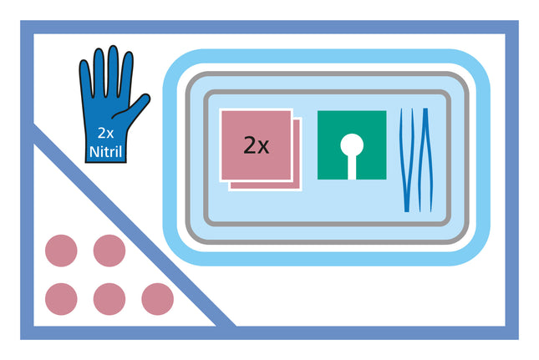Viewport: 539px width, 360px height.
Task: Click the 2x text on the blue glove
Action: tap(105, 133)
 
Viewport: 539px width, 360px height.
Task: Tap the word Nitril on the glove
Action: tap(106, 151)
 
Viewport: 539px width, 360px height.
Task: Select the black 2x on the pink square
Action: tap(256, 145)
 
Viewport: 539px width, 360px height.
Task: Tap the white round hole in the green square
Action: tap(352, 145)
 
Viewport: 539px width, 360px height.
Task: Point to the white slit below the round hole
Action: tap(352, 167)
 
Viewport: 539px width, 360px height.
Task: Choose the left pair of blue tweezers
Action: tap(407, 160)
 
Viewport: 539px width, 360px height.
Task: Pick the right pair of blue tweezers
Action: tap(425, 160)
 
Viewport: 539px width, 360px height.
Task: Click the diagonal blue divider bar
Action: tap(134, 225)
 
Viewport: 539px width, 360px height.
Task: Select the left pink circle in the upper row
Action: tap(61, 251)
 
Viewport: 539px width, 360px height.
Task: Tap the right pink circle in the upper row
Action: tap(109, 251)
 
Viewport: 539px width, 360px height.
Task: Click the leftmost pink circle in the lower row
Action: tap(61, 299)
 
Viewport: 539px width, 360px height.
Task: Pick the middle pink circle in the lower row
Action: tap(109, 299)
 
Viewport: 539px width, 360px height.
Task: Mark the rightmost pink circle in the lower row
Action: tap(157, 299)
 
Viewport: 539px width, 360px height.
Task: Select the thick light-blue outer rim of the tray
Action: tap(326, 56)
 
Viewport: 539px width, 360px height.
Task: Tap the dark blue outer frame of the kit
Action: tap(269, 27)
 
